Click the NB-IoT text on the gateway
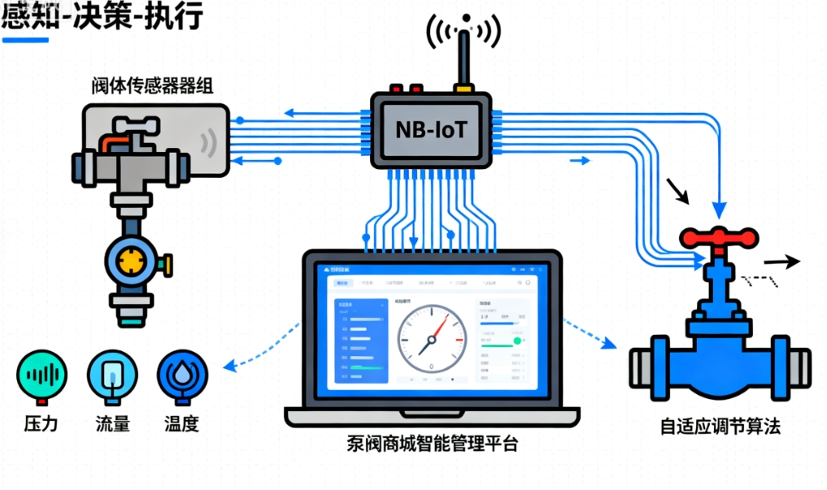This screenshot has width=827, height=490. click(x=430, y=128)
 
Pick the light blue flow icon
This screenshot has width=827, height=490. click(x=112, y=375)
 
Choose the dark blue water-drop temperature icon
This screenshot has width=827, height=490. click(x=183, y=375)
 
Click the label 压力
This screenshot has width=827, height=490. click(x=41, y=425)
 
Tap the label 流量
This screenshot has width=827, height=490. click(x=112, y=425)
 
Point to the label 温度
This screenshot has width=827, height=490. click(x=182, y=425)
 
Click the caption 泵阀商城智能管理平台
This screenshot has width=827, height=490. click(x=431, y=444)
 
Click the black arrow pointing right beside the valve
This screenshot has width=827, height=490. click(x=782, y=262)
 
